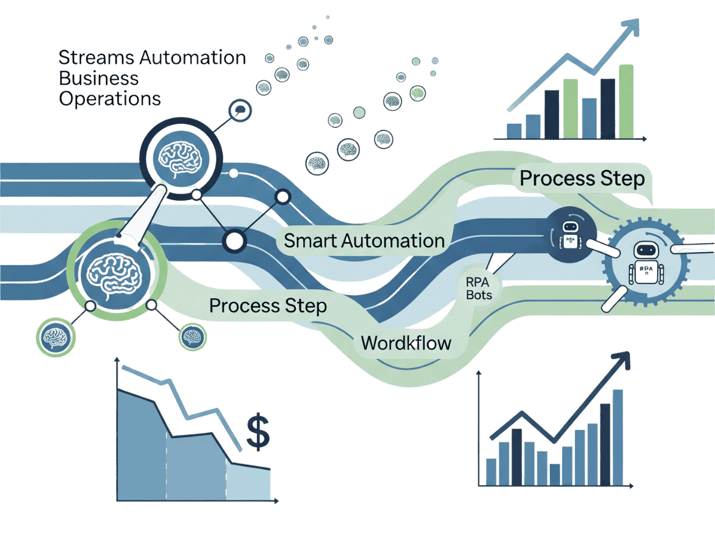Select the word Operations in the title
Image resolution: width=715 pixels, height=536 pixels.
pyautogui.click(x=110, y=98)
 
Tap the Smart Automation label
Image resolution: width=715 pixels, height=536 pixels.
pyautogui.click(x=364, y=241)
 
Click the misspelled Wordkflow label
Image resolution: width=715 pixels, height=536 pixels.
pyautogui.click(x=406, y=344)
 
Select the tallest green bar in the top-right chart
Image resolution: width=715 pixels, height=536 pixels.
pyautogui.click(x=626, y=101)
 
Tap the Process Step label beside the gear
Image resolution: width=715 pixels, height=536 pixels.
pyautogui.click(x=582, y=179)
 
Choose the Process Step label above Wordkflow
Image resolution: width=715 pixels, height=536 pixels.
pyautogui.click(x=268, y=306)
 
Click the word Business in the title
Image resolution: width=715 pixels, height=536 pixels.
pyautogui.click(x=99, y=79)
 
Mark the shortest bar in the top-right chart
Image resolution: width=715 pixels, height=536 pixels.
pyautogui.click(x=514, y=131)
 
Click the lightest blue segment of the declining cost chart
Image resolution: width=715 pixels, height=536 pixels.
pyautogui.click(x=248, y=483)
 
